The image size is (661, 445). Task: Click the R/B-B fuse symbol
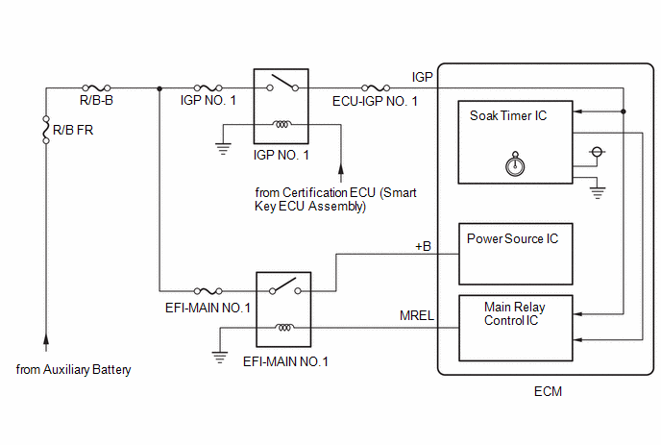(x=96, y=87)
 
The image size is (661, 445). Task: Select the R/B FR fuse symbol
(x=46, y=130)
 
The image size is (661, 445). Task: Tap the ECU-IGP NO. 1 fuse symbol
(x=376, y=87)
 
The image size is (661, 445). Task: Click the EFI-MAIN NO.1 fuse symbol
(x=208, y=290)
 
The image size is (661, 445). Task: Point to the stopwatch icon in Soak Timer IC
(x=515, y=163)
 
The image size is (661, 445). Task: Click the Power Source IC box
(x=516, y=254)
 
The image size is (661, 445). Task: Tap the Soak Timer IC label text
(x=508, y=115)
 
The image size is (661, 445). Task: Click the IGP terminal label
(x=422, y=77)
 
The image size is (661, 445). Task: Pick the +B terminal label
(x=423, y=246)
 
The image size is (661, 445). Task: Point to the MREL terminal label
(x=417, y=315)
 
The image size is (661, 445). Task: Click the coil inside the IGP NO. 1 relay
(x=282, y=124)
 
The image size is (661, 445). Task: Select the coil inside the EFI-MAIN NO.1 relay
(x=284, y=327)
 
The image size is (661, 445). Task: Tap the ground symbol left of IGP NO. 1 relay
(x=223, y=149)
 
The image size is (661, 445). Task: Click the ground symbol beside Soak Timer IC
(x=598, y=193)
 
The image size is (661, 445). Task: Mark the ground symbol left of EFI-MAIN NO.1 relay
(x=220, y=358)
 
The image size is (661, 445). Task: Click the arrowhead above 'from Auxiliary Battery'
(x=46, y=339)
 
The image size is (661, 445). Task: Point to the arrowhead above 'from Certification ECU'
(x=341, y=168)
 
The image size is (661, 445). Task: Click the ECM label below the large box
(x=548, y=391)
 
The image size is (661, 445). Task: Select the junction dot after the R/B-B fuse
(x=159, y=88)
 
